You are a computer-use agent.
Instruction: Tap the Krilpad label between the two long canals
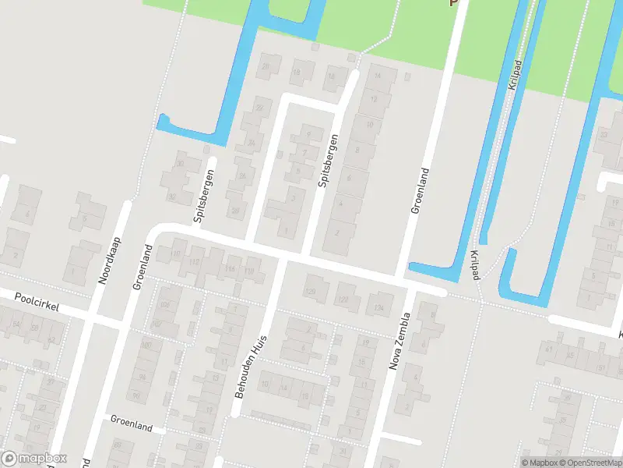(513, 76)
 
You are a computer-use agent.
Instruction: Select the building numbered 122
(344, 297)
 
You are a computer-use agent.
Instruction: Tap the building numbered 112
(195, 261)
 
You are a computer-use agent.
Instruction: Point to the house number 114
(230, 269)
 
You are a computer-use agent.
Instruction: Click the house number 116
(249, 270)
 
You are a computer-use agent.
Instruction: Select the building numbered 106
(165, 305)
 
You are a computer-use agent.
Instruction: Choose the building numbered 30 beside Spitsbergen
(180, 164)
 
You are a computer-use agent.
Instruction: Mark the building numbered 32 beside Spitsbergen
(172, 197)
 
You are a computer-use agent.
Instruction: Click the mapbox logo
(34, 459)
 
